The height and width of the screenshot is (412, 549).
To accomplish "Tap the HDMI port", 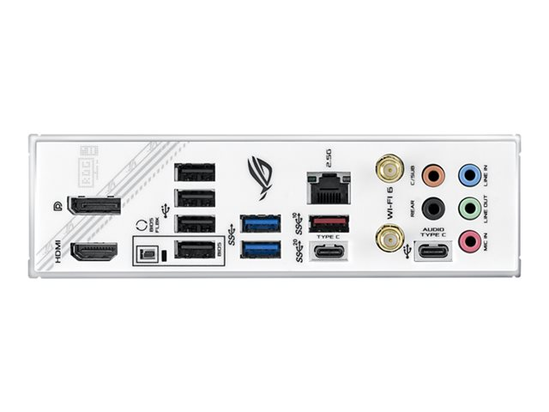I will click(x=94, y=252).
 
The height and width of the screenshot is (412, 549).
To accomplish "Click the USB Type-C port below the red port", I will click(x=327, y=253).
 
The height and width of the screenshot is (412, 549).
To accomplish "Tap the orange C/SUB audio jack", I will click(x=435, y=176).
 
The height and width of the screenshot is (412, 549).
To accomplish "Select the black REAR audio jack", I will click(x=435, y=208).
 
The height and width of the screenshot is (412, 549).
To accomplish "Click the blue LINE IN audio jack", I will click(x=468, y=176).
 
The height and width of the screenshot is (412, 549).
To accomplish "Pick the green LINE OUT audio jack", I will click(x=468, y=208).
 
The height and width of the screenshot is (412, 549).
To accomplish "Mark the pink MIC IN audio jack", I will click(x=468, y=239).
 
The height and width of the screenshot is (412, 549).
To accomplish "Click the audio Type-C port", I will click(x=431, y=252).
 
